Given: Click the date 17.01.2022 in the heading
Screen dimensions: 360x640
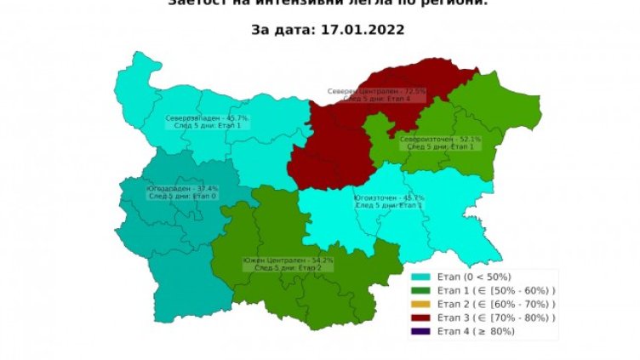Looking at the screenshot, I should coord(363,29).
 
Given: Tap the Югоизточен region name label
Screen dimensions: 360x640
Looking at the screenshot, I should coord(388,197).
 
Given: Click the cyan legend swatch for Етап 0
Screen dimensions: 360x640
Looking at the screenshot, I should coord(421,277).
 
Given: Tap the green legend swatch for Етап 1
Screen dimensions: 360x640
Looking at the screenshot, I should coord(421,290).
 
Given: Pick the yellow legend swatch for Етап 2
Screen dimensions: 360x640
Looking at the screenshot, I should coord(421,304).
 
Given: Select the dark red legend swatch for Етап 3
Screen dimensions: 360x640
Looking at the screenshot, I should coord(421,317).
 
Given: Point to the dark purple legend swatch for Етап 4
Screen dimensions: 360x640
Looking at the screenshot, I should coord(421,331).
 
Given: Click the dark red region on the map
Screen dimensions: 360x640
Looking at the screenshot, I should coord(332,145).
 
